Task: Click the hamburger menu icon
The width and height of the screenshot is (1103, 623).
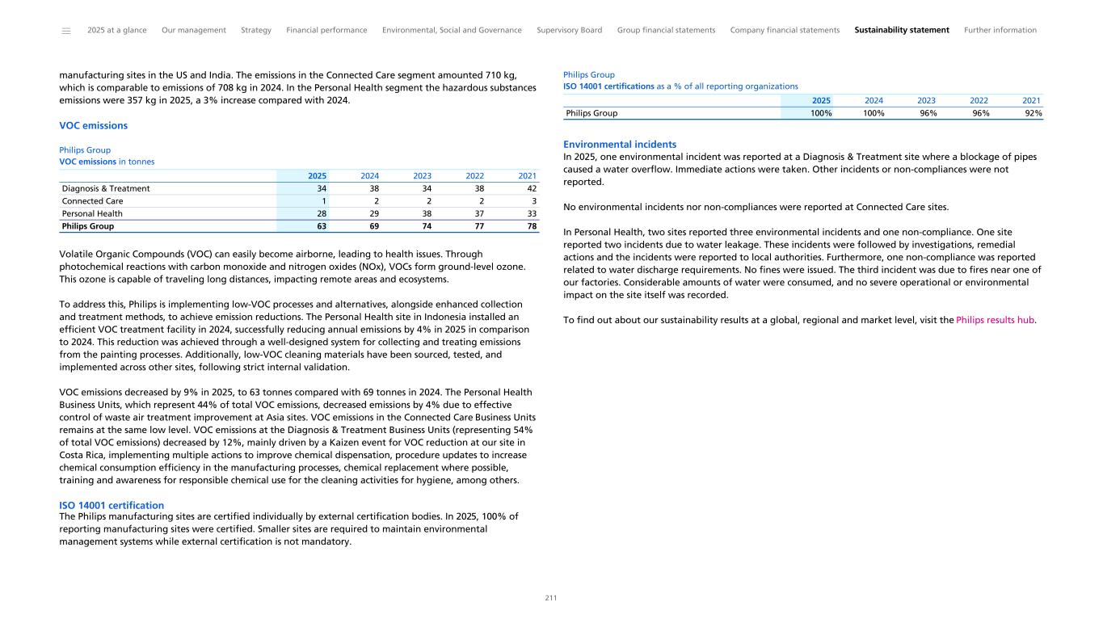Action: [66, 31]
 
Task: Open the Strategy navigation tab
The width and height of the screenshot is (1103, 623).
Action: [256, 30]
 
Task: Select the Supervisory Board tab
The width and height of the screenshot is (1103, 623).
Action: [569, 30]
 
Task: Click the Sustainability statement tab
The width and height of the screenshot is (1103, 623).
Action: [901, 30]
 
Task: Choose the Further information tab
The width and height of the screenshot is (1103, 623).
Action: [1000, 30]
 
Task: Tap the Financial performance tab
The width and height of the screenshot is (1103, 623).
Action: [326, 30]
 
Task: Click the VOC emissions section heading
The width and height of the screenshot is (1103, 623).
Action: [94, 126]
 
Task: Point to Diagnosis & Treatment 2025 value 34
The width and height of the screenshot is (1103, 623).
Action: [322, 188]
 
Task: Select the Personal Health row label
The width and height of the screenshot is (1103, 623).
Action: [92, 214]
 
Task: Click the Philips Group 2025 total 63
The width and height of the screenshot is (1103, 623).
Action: [322, 227]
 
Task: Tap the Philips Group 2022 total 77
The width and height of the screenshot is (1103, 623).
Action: [479, 227]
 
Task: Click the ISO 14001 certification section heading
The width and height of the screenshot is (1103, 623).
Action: [112, 505]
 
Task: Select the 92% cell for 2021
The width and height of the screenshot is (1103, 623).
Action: [1032, 114]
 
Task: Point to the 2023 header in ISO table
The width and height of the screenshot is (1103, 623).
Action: [926, 101]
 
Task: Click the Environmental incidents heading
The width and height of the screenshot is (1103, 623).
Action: [620, 145]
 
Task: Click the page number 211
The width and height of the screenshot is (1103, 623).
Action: [551, 598]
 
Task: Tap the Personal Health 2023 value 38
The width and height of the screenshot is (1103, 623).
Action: [427, 214]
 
